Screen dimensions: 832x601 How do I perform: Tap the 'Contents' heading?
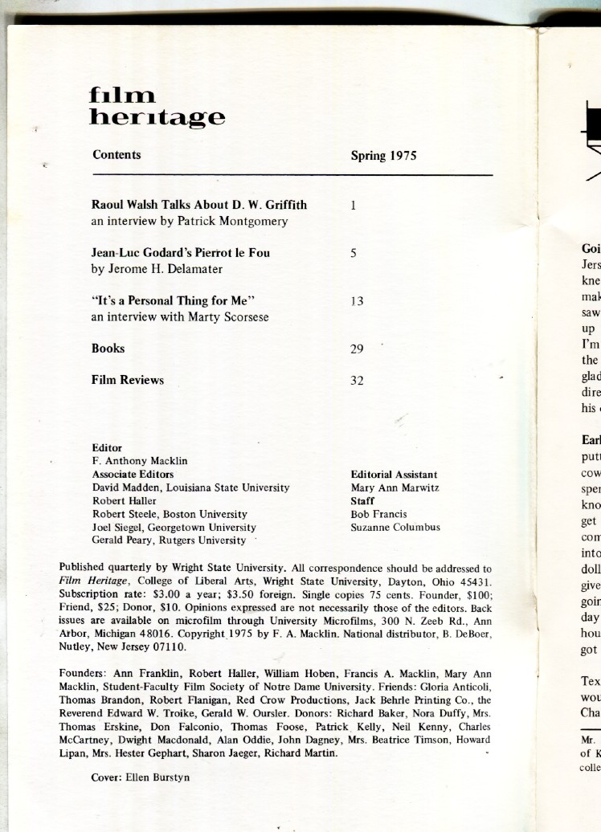[x=117, y=155]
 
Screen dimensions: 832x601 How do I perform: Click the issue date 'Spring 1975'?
[x=383, y=156]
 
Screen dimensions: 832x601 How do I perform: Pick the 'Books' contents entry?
[x=108, y=349]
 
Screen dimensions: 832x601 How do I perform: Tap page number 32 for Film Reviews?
[x=358, y=381]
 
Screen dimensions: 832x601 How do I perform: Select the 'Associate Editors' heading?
[x=133, y=474]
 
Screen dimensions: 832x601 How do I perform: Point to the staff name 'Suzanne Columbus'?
[x=395, y=527]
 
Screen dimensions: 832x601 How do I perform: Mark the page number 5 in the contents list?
[x=354, y=253]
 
